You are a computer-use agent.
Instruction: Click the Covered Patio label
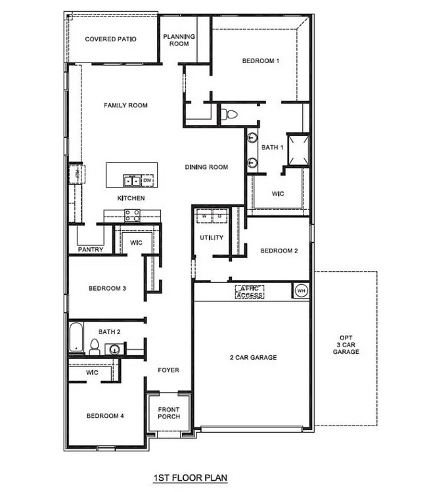(x=110, y=39)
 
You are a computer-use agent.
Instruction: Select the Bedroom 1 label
(x=261, y=61)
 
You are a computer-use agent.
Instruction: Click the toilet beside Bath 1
(x=229, y=114)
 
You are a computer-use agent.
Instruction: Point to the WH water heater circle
(x=301, y=290)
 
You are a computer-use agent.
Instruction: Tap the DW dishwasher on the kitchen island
(x=148, y=180)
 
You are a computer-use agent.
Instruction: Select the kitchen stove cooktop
(x=132, y=214)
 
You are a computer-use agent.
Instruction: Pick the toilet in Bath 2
(x=95, y=347)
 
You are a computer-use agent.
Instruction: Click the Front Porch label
(x=168, y=414)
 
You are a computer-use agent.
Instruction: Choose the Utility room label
(x=212, y=237)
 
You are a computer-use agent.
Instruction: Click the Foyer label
(x=168, y=370)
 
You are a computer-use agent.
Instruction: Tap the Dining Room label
(x=206, y=167)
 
